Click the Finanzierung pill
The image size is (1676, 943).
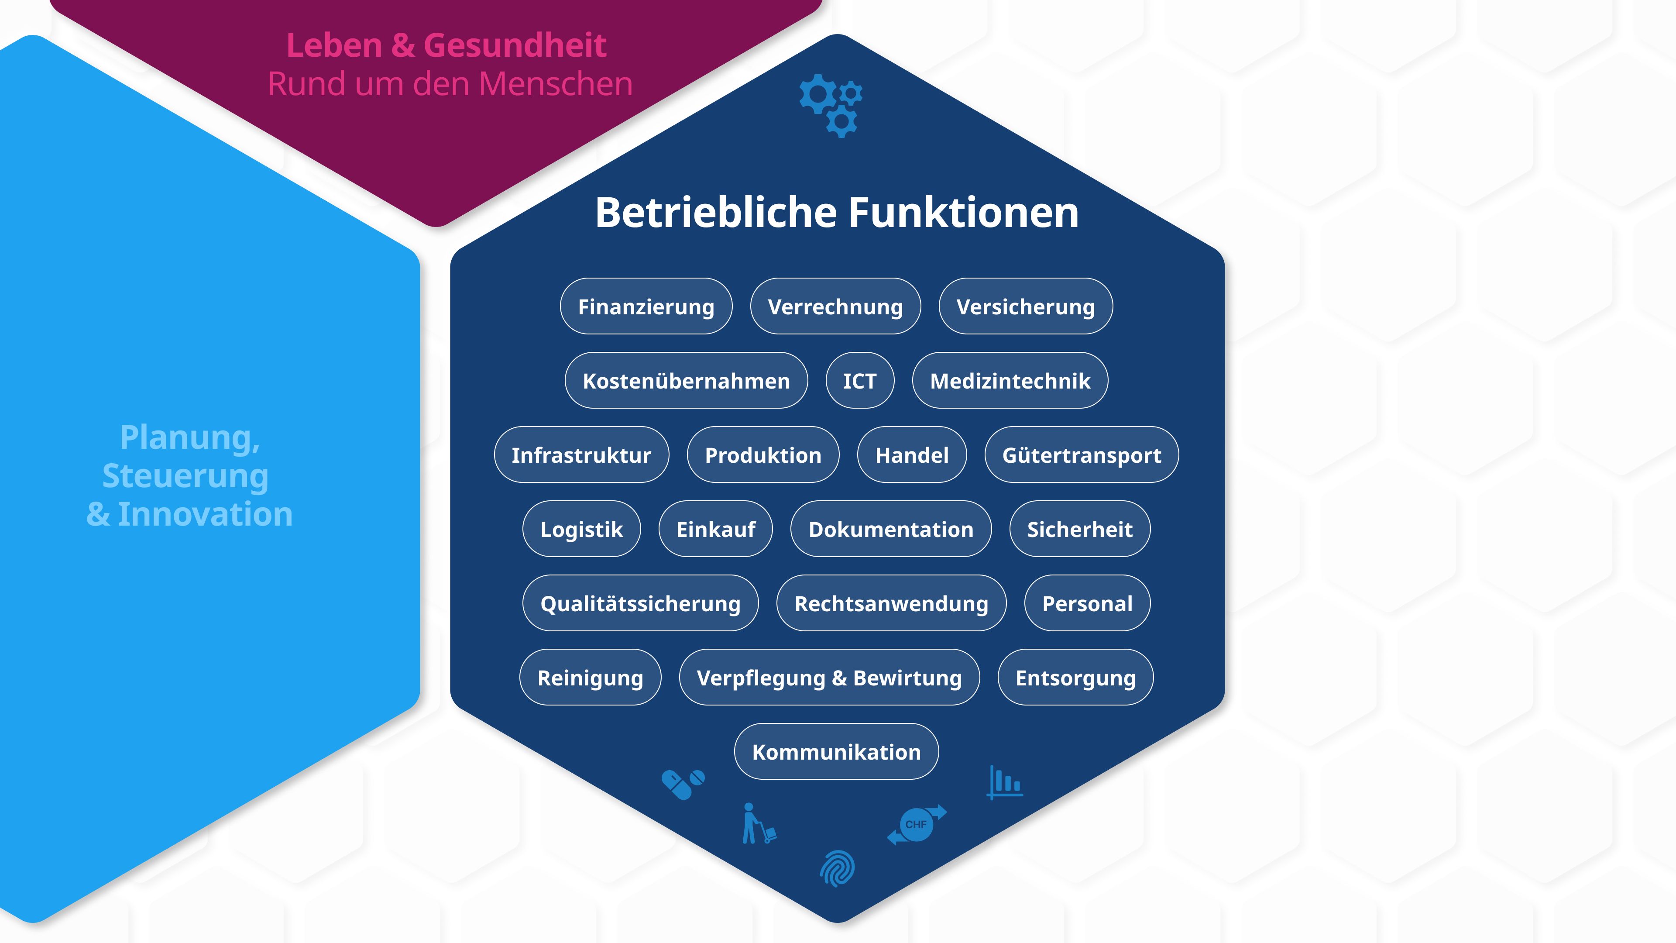(646, 306)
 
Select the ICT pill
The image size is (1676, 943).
(859, 381)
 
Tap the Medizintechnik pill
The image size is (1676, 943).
(1010, 381)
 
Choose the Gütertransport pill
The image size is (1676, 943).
(1082, 455)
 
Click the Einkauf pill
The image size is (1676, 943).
(716, 529)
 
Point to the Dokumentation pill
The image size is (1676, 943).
(891, 529)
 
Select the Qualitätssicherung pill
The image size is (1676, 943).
(640, 603)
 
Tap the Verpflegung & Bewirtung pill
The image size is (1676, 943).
(829, 678)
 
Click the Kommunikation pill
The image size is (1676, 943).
(836, 752)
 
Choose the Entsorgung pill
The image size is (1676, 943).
(1075, 678)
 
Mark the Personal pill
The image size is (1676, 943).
(1087, 603)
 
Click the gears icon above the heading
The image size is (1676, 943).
(831, 105)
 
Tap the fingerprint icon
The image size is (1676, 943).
(838, 868)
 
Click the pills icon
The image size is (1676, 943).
(683, 784)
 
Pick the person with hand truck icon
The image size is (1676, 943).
(758, 824)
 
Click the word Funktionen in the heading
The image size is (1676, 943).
(964, 213)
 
